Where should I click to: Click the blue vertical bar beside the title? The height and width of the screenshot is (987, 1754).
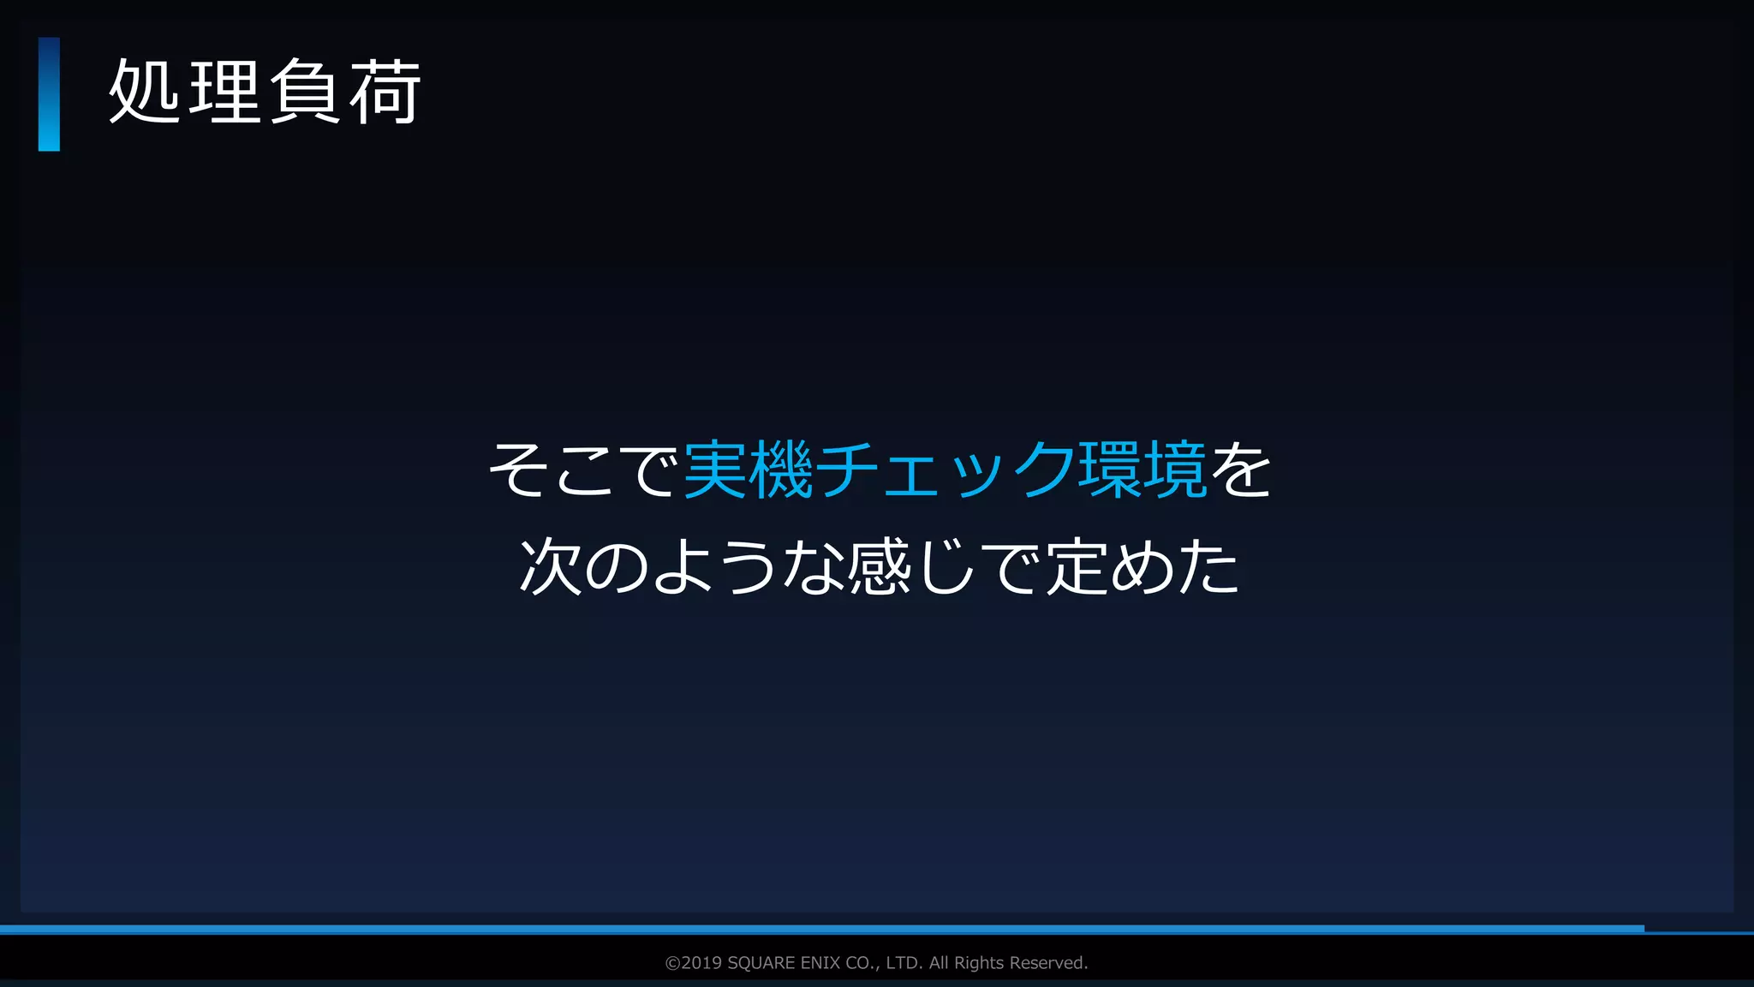[x=49, y=94]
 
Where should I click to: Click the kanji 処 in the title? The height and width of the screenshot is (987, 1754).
[x=144, y=93]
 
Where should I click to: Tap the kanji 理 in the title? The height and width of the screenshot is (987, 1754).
[x=224, y=93]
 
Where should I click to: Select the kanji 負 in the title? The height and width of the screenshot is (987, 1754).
[x=305, y=93]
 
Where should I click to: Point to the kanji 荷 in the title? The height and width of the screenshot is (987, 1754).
[x=385, y=93]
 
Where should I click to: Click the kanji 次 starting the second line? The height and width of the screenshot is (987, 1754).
[x=552, y=567]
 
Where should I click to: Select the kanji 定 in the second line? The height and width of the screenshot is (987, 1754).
[x=1077, y=567]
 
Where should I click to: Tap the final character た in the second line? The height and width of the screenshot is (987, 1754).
[x=1208, y=567]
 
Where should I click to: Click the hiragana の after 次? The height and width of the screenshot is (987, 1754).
[x=617, y=567]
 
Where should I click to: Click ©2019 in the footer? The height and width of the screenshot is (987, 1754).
[x=694, y=963]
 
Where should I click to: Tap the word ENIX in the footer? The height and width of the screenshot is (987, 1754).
[x=820, y=963]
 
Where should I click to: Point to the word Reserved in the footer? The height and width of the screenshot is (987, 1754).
[x=1048, y=963]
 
